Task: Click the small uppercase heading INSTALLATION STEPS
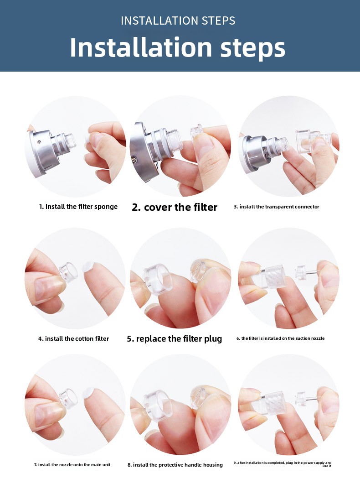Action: click(x=178, y=21)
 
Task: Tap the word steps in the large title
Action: click(x=253, y=47)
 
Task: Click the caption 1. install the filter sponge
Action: click(x=78, y=207)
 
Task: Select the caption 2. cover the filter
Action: click(x=175, y=207)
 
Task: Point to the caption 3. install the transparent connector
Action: click(x=276, y=207)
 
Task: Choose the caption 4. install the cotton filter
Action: click(x=73, y=338)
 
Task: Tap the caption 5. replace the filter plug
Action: click(x=174, y=338)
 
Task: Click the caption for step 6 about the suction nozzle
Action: click(x=280, y=338)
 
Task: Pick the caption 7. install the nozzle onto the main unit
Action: click(x=72, y=465)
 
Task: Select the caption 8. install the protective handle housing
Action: click(x=175, y=465)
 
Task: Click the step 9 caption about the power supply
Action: click(x=283, y=464)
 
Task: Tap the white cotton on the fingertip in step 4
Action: click(x=88, y=267)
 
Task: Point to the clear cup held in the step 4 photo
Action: click(x=68, y=272)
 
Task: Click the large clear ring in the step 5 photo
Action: click(x=158, y=277)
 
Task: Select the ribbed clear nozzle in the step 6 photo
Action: click(x=273, y=276)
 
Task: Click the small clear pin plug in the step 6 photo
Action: click(x=305, y=272)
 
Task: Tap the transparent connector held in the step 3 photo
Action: click(x=308, y=140)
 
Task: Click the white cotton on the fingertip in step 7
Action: click(x=89, y=393)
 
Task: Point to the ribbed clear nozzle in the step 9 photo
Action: click(x=273, y=403)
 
